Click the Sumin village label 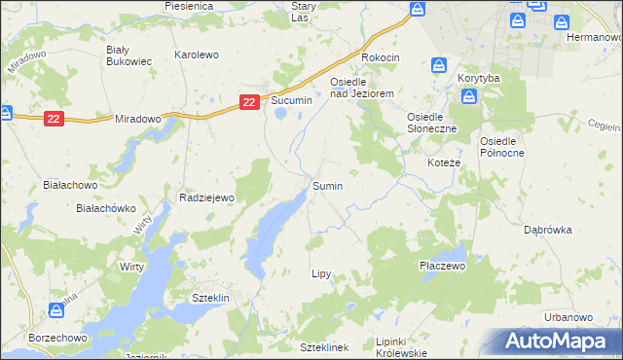coord(327,185)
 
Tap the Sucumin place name coord(291,100)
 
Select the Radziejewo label coord(207,198)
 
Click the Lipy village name coord(321,274)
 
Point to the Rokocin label coord(381,57)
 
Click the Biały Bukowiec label coord(128,54)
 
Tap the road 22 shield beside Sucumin coord(250,101)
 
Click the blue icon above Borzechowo coord(56,310)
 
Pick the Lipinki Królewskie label coord(401,346)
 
